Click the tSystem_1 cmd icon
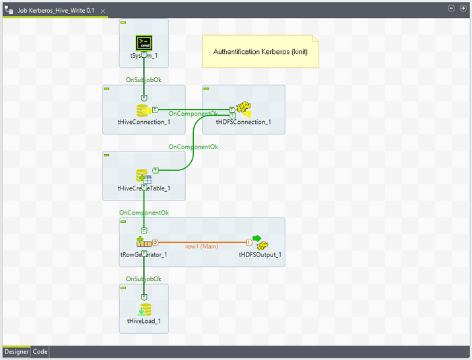point(144,41)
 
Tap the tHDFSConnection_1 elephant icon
point(243,110)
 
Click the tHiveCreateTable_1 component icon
point(143,176)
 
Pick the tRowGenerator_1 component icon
point(143,242)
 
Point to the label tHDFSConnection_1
point(243,122)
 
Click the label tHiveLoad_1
point(143,322)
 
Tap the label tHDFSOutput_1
point(260,255)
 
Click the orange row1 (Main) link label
point(201,246)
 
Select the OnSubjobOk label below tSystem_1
point(143,79)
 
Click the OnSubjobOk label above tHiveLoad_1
point(143,279)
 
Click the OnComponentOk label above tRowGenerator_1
point(143,213)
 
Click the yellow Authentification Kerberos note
point(261,52)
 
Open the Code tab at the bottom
point(40,351)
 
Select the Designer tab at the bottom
point(17,351)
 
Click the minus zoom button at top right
point(452,8)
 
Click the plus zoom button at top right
point(463,8)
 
